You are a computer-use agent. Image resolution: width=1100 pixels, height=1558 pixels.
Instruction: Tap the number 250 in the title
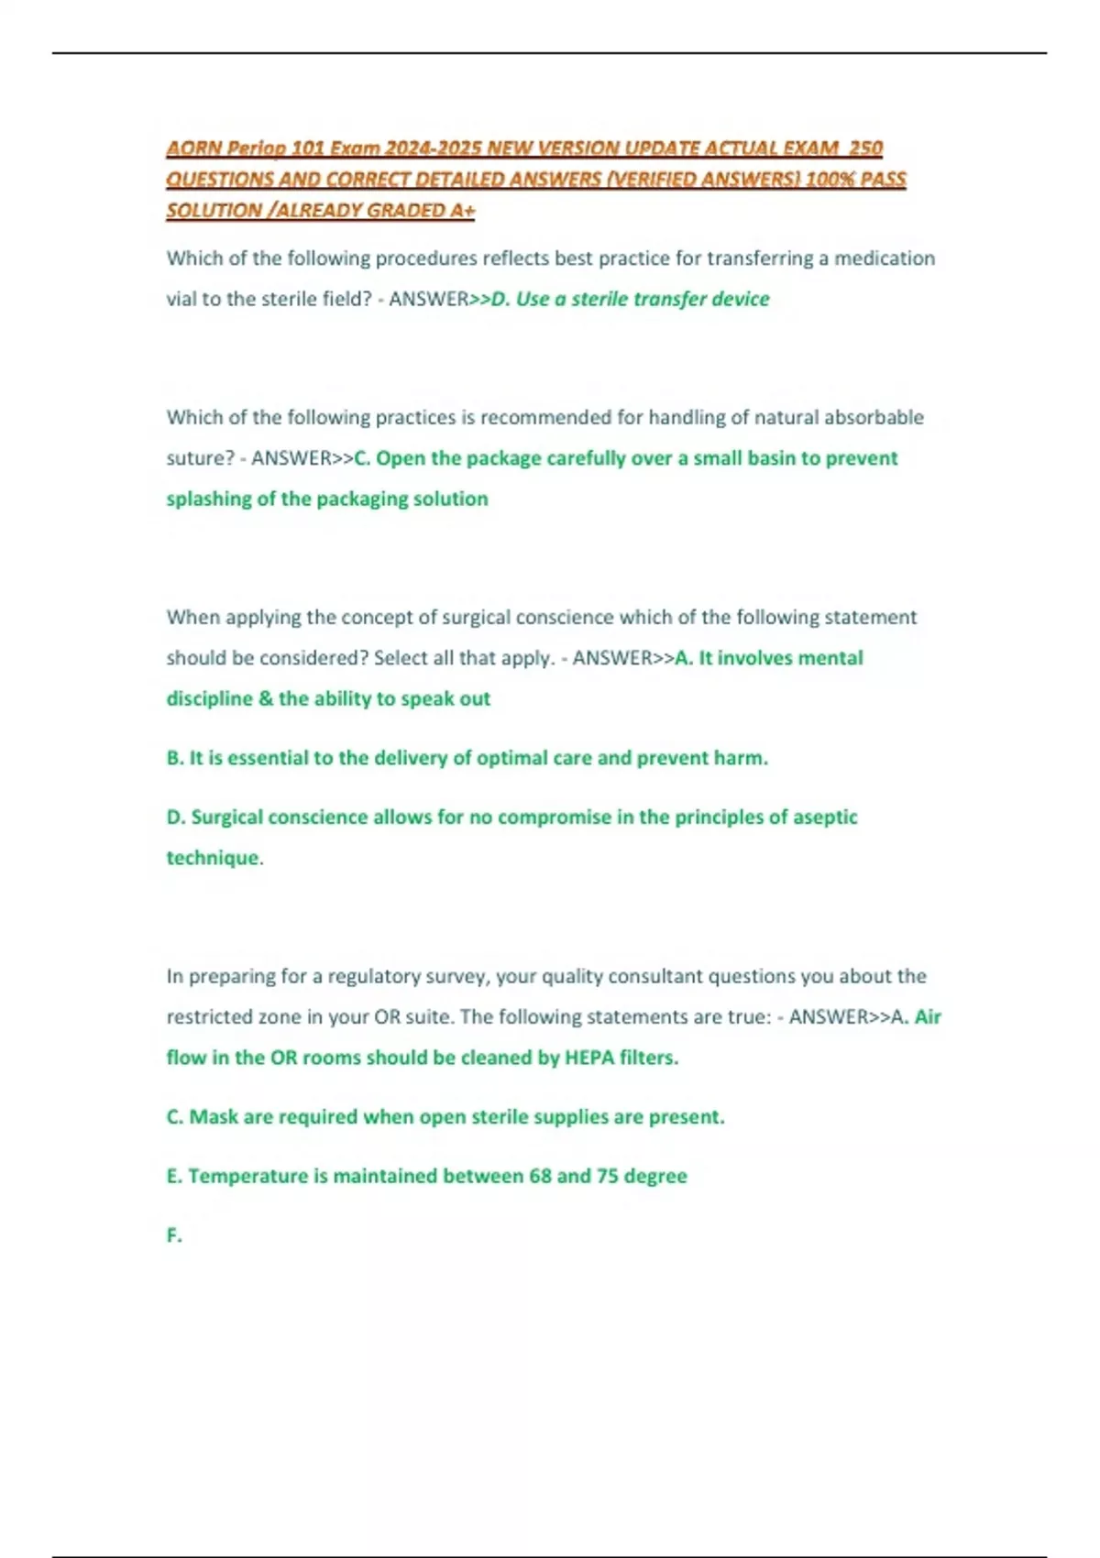pyautogui.click(x=865, y=148)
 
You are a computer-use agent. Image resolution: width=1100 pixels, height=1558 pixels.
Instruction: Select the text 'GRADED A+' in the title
pyautogui.click(x=421, y=210)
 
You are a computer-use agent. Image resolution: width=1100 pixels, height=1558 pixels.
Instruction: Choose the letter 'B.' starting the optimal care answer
pyautogui.click(x=175, y=758)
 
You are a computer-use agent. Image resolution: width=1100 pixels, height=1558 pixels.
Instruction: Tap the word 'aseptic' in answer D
pyautogui.click(x=822, y=817)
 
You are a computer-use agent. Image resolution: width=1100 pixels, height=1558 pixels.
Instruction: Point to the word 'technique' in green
pyautogui.click(x=212, y=858)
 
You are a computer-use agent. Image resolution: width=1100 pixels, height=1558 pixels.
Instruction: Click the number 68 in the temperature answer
pyautogui.click(x=540, y=1176)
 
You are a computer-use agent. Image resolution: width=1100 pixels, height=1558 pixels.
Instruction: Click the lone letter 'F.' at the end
pyautogui.click(x=174, y=1235)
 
